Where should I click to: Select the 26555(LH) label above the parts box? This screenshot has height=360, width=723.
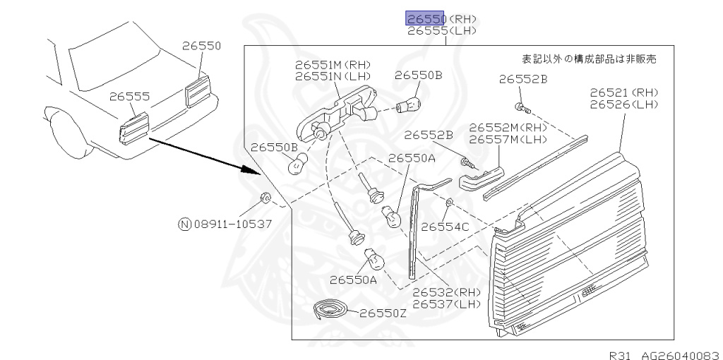click(442, 31)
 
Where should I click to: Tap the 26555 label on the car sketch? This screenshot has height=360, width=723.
click(129, 96)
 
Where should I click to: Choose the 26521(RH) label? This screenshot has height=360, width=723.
click(623, 93)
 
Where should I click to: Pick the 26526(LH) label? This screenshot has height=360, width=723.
click(623, 104)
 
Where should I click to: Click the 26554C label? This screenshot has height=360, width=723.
click(445, 227)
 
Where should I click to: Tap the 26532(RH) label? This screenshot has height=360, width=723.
click(446, 293)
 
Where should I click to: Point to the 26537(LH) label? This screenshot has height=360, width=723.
click(446, 304)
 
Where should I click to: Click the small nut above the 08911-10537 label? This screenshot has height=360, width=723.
click(265, 197)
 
